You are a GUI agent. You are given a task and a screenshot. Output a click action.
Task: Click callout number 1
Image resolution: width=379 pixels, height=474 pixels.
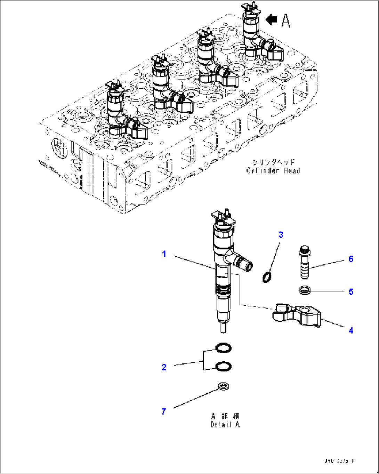164,254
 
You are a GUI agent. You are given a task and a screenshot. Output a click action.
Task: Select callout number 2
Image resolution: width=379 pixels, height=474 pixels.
164,367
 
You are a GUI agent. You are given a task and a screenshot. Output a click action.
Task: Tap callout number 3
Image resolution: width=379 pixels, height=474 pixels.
281,235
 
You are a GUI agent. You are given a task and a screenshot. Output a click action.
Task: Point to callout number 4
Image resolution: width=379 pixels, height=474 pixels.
351,330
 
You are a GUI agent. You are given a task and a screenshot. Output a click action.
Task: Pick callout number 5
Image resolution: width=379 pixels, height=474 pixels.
351,291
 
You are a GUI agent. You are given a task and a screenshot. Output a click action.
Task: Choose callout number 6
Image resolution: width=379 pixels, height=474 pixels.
351,259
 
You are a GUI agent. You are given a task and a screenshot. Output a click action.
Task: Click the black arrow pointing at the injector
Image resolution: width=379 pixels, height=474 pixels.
271,20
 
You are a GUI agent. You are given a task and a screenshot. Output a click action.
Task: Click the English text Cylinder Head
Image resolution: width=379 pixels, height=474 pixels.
273,170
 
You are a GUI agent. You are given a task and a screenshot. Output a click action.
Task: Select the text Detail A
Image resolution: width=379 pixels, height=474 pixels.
225,425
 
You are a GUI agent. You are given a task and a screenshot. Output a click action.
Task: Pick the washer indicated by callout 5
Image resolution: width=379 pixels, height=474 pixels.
305,289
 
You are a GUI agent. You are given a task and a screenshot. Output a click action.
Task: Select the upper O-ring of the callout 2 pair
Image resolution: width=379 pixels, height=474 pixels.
223,347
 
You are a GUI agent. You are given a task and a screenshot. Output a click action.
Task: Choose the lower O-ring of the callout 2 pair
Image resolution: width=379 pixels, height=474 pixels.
223,366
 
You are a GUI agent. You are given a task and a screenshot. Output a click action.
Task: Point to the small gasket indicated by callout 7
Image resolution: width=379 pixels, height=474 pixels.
223,386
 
